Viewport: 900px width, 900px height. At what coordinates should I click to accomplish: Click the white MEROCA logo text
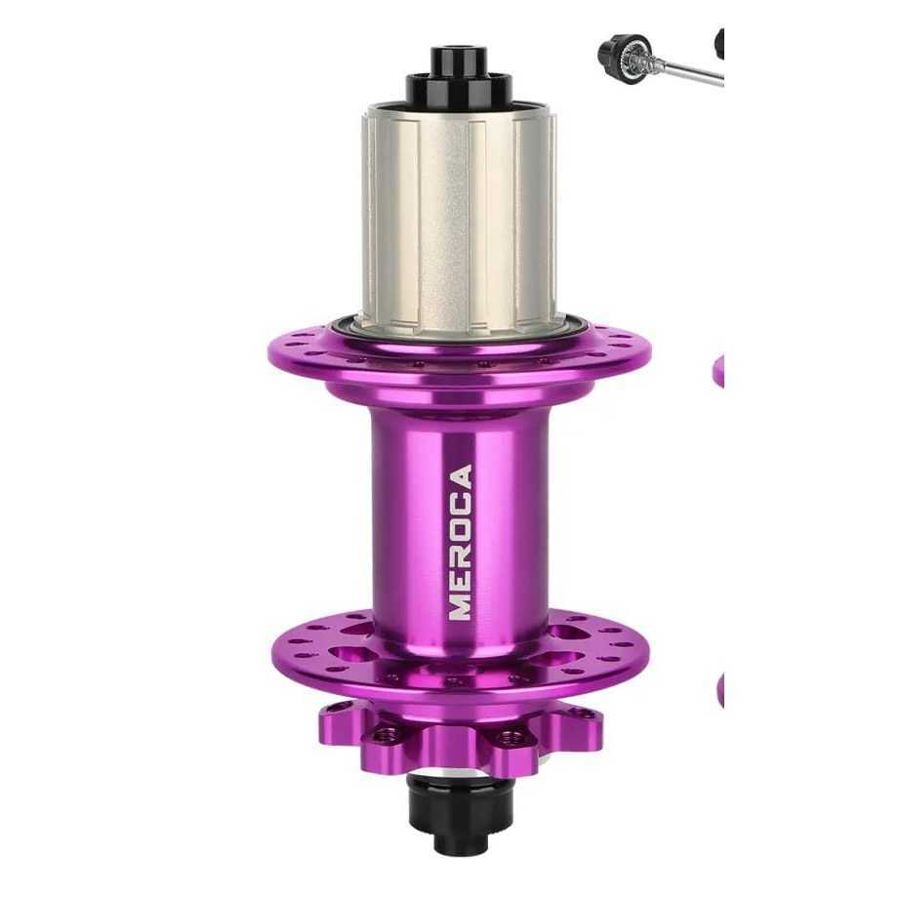coord(461,543)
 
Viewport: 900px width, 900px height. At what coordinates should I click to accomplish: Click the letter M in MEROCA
coord(461,605)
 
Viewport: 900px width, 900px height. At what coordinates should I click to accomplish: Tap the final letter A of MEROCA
coord(461,477)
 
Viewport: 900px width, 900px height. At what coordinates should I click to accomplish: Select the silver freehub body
coord(459,221)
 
